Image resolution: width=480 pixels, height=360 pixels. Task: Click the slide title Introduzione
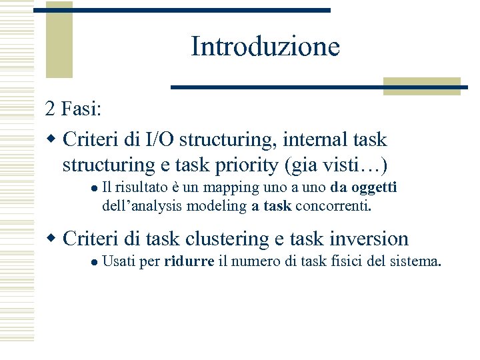[265, 47]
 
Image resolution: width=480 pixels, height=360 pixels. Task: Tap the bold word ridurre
[189, 261]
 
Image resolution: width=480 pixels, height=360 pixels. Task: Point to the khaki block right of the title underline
[421, 87]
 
